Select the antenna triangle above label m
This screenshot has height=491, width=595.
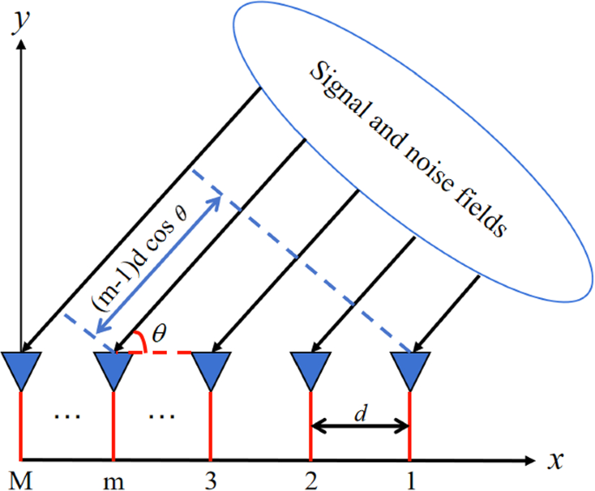pyautogui.click(x=114, y=369)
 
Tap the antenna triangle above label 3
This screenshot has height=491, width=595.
pyautogui.click(x=210, y=369)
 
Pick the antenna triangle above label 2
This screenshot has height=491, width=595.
pyautogui.click(x=310, y=369)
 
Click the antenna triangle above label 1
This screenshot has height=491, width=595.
pyautogui.click(x=409, y=369)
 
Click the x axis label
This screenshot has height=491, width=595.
pyautogui.click(x=556, y=460)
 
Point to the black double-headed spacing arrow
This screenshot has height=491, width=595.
pyautogui.click(x=360, y=426)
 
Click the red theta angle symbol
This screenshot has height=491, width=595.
pyautogui.click(x=158, y=333)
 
